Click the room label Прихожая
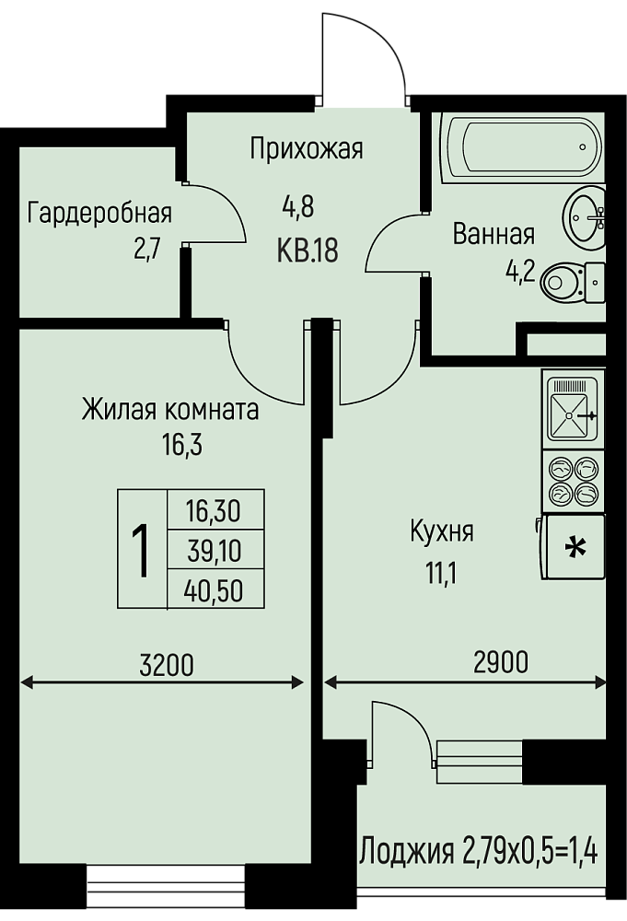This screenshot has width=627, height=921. coord(307,148)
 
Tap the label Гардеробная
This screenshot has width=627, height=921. coord(99,214)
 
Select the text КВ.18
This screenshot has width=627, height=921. coord(307,252)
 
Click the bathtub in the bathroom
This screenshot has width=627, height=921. coord(521,146)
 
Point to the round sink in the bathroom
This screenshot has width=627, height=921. coord(584,215)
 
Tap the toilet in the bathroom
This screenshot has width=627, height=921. coord(573,283)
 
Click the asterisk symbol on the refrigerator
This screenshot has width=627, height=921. coord(575,548)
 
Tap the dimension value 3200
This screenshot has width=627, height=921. coord(167,666)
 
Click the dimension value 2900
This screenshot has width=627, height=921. coord(500,662)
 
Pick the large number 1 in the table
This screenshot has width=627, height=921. coord(141,551)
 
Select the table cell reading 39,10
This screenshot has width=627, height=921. coord(215,552)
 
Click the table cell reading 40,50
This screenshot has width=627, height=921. coord(214,591)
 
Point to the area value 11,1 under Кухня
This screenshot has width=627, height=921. coord(442,572)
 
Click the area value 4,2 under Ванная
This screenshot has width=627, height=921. coord(521,272)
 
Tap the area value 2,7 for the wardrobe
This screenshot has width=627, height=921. coord(146,250)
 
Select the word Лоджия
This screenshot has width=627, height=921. coord(408,852)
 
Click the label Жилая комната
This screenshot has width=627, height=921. coord(170,410)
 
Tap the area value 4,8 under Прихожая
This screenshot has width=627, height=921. coord(298,207)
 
